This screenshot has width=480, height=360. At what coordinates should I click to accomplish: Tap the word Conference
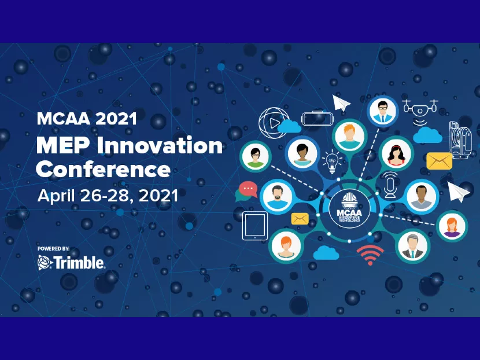(x=103, y=169)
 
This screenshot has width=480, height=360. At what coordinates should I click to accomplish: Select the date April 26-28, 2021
(x=108, y=195)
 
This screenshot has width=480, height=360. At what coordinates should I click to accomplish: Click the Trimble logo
(x=71, y=263)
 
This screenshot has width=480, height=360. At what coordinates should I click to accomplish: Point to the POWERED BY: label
(x=54, y=248)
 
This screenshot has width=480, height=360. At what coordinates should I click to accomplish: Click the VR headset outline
(x=317, y=119)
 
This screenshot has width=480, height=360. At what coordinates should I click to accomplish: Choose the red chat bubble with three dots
(x=247, y=189)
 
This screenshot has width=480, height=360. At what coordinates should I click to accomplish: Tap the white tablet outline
(x=255, y=226)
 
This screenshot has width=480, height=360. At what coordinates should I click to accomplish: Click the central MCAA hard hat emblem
(x=349, y=207)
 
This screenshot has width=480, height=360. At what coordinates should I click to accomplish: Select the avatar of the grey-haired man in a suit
(x=413, y=245)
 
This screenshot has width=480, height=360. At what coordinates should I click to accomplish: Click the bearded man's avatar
(x=277, y=196)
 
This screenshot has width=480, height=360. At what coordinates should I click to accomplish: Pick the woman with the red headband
(x=397, y=153)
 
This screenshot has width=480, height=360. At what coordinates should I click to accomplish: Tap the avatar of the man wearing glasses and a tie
(x=382, y=111)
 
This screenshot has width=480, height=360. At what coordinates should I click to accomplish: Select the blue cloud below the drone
(x=428, y=135)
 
